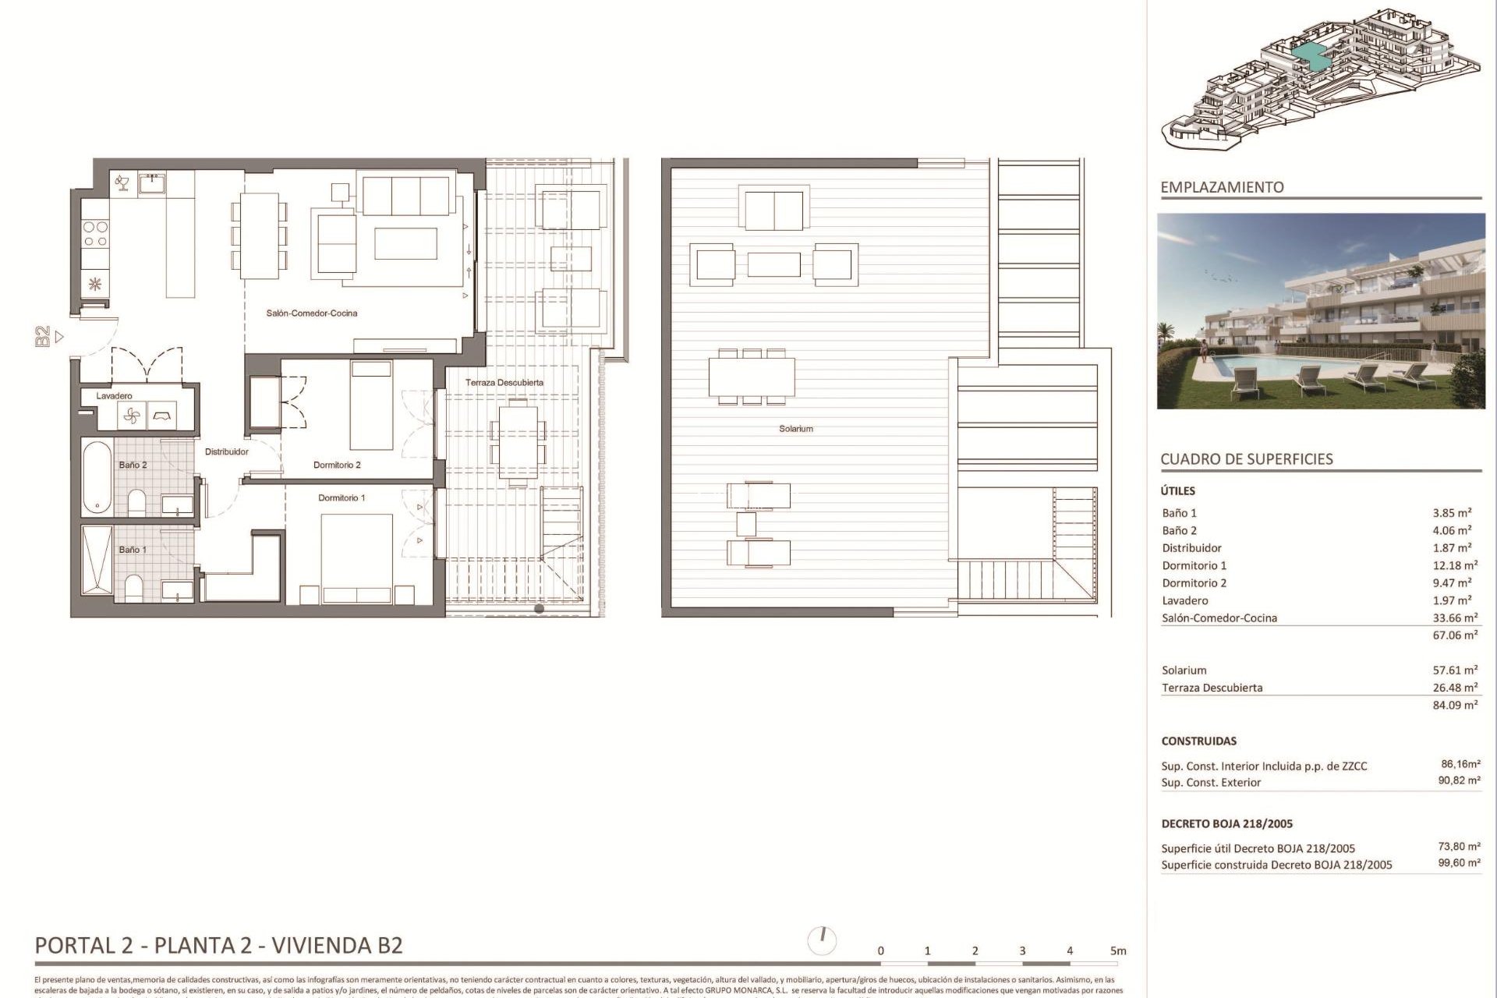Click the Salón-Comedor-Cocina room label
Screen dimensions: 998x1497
(312, 313)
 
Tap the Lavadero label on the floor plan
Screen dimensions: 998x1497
(114, 396)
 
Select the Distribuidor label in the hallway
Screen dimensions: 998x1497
(227, 452)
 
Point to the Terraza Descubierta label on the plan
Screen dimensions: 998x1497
(504, 383)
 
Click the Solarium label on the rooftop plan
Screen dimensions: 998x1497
(796, 429)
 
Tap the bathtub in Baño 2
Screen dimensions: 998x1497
(97, 476)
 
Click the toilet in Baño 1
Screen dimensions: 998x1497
(133, 588)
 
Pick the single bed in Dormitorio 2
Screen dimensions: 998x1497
(371, 405)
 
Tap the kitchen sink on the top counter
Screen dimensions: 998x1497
(152, 183)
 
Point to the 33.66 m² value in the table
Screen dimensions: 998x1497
(1455, 618)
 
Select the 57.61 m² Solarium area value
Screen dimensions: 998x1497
(1455, 671)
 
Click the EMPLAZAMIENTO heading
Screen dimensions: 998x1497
(1222, 187)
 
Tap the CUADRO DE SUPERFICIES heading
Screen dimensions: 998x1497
(1247, 459)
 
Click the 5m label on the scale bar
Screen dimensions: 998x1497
(1118, 951)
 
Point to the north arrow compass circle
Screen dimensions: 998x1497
(822, 940)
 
